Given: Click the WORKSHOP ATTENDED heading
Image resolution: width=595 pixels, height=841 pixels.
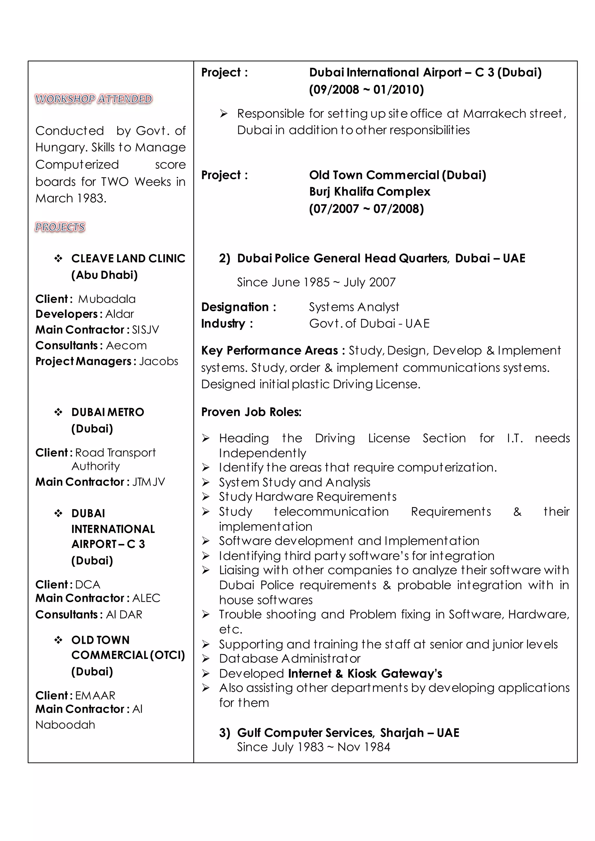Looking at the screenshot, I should pos(94,99).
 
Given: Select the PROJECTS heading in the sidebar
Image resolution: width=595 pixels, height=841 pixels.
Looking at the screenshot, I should pos(60,227).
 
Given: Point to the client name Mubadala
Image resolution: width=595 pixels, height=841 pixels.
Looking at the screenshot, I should pos(107,299).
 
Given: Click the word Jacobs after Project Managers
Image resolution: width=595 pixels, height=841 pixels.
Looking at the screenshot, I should pos(158,362).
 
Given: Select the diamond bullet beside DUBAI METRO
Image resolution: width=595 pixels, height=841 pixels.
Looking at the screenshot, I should pos(58,412).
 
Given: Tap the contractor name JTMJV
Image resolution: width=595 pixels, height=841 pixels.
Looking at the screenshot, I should pos(148,482).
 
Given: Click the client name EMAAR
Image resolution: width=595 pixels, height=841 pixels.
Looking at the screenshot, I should pos(95,696).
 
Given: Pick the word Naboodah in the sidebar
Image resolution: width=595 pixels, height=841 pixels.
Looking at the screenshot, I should pos(65,725).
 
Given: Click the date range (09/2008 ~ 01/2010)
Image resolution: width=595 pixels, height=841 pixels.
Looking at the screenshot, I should pos(366,90).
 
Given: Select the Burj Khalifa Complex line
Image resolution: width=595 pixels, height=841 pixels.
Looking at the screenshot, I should pos(369,192).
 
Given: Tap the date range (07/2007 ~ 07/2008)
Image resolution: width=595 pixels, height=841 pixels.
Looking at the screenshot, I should pos(366,209).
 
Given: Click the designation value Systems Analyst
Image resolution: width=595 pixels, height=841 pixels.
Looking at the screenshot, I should pos(354,307).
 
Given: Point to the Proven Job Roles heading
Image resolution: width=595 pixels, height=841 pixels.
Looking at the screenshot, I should pos(251,412).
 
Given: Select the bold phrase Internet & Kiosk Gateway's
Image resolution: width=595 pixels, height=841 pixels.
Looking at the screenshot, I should pos(365,674).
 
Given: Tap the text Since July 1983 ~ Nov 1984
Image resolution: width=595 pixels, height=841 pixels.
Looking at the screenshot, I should pos(313,747).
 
